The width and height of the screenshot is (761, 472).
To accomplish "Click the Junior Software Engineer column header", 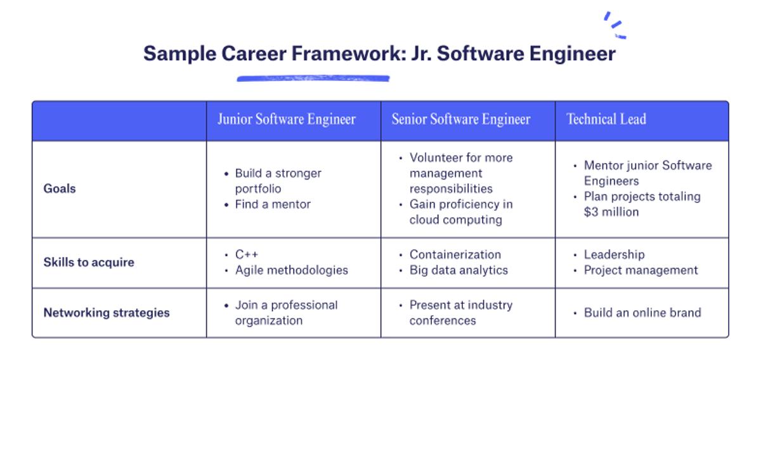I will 286,119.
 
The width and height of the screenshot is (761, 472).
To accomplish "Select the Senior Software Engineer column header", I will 460,119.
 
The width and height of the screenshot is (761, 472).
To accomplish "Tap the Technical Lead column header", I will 606,119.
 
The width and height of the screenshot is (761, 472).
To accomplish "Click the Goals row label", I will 60,188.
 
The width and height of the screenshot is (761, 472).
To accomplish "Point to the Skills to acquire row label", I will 89,262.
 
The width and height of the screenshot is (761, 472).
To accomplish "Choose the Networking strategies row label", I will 107,313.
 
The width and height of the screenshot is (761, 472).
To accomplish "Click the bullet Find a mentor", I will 273,204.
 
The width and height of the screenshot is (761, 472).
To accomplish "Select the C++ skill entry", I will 246,254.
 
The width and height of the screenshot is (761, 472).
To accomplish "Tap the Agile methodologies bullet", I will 291,270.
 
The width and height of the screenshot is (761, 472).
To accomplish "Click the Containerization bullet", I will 455,254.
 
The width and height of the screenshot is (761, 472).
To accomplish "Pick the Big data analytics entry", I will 459,270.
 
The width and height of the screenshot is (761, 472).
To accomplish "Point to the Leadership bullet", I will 614,254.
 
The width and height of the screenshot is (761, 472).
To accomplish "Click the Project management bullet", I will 641,270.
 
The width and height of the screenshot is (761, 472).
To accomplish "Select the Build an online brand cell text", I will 642,313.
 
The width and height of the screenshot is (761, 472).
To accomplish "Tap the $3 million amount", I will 611,212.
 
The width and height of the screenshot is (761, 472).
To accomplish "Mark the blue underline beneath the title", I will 313,79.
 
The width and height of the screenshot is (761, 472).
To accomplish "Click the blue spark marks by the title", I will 615,25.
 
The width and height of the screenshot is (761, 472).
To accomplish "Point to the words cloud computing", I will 455,220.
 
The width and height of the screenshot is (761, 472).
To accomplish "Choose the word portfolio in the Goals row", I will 257,189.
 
